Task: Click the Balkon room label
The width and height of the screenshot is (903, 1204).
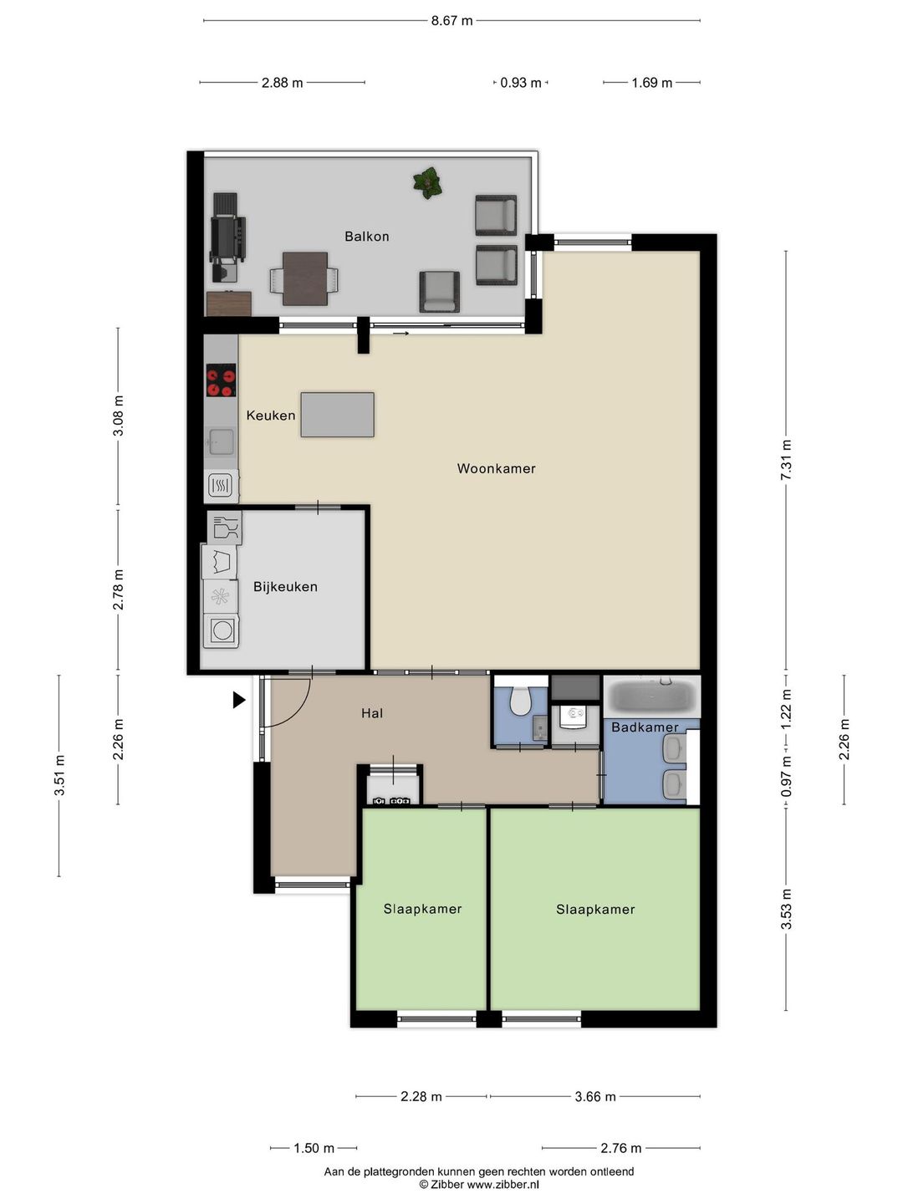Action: (x=366, y=237)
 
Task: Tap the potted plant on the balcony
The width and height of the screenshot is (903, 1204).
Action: (x=427, y=182)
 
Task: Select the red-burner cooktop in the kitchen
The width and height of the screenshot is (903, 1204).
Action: (x=221, y=380)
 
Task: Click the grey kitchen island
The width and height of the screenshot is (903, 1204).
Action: (x=337, y=414)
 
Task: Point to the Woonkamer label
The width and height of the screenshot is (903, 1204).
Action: (x=496, y=468)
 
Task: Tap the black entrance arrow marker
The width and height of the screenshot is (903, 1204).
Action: (x=239, y=700)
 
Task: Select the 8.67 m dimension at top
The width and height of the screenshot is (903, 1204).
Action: (x=451, y=21)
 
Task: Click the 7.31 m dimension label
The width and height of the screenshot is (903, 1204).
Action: (x=786, y=460)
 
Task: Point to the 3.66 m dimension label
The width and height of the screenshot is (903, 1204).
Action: (x=594, y=1096)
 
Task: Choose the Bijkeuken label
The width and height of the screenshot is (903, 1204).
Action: (x=285, y=587)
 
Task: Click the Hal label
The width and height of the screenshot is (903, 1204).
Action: (x=372, y=713)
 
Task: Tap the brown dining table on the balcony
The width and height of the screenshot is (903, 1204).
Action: (x=305, y=278)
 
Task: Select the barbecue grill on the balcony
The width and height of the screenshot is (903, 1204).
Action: (x=227, y=236)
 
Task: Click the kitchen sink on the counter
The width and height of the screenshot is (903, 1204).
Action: (x=221, y=442)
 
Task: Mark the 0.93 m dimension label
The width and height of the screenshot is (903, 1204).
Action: (x=520, y=83)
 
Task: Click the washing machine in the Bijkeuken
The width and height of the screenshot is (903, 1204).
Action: (x=221, y=630)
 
